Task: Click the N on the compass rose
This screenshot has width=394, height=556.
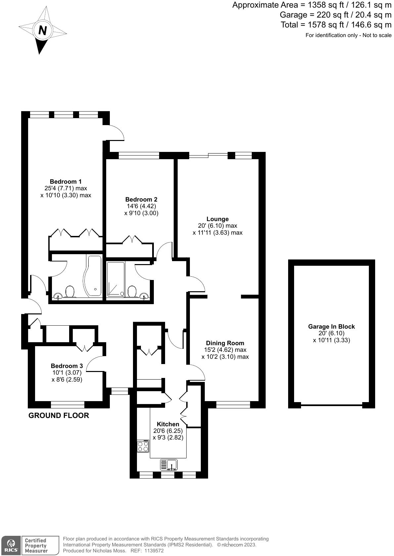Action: [43, 30]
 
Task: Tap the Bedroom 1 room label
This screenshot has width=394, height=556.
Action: [66, 181]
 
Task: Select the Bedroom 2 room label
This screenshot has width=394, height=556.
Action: [141, 199]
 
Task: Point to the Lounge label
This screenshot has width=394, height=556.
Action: [218, 219]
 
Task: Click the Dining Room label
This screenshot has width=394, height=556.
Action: [225, 343]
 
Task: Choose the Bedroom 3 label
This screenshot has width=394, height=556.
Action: [67, 366]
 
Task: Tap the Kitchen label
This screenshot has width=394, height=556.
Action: [168, 424]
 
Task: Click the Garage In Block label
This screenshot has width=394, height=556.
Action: [331, 326]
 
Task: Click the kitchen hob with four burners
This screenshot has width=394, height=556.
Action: [143, 446]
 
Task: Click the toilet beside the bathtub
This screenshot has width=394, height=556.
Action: [70, 291]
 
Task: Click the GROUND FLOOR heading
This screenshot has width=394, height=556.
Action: [59, 416]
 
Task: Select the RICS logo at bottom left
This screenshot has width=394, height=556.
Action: [11, 545]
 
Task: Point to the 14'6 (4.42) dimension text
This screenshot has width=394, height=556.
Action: [142, 206]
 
